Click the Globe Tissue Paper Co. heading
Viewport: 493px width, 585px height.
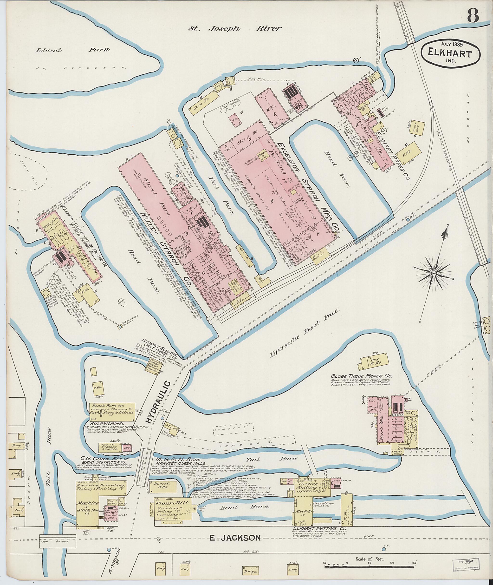click(x=362, y=376)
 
